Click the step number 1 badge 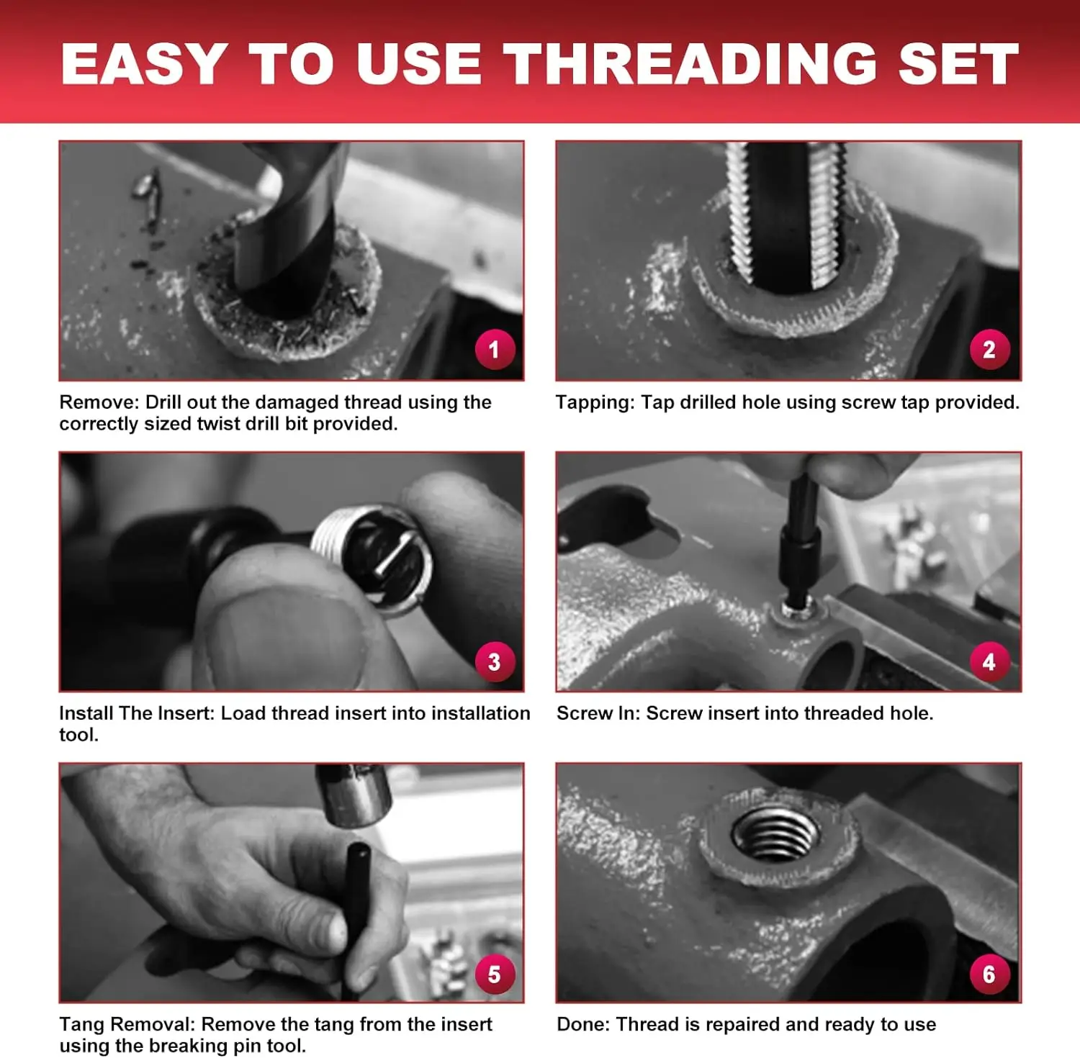click(x=495, y=350)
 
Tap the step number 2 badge click(x=990, y=350)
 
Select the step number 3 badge click(x=495, y=661)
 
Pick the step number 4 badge click(x=990, y=661)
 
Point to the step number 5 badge click(x=495, y=974)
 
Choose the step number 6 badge click(x=990, y=974)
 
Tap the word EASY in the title click(x=145, y=64)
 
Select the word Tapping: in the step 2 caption click(x=595, y=402)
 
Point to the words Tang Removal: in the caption click(x=127, y=1024)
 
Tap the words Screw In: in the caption click(x=598, y=713)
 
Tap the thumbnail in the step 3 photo click(x=284, y=633)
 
